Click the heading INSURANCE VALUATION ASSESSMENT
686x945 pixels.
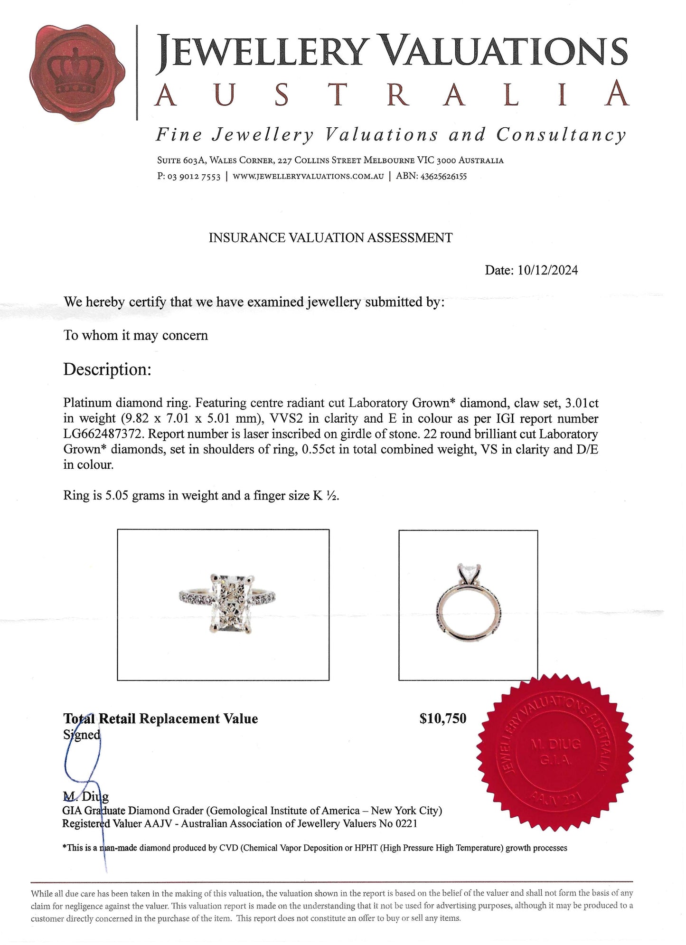[330, 238]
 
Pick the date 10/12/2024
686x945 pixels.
[548, 271]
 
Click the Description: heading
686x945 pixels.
[107, 369]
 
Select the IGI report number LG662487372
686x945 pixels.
[102, 434]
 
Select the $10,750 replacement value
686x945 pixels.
[442, 719]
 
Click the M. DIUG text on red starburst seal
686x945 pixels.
[554, 745]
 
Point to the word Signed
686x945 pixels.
[82, 735]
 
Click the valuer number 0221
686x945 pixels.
[406, 824]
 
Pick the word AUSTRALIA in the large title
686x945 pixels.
[392, 94]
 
